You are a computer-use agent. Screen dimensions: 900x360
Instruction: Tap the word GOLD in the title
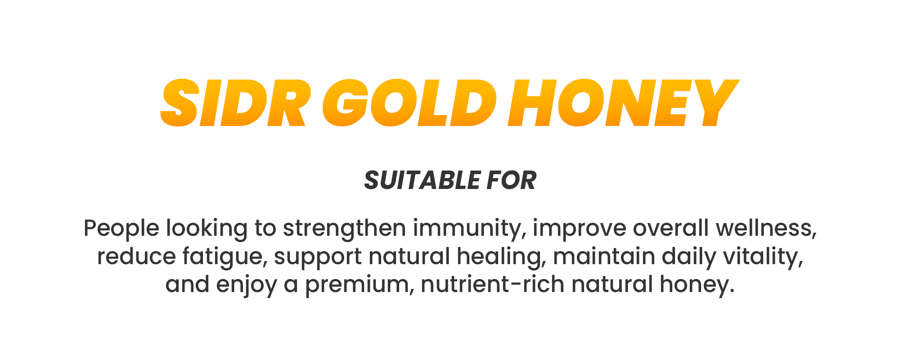409,103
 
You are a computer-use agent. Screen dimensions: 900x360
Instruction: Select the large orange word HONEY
624,103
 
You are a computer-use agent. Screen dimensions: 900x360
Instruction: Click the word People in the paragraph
121,229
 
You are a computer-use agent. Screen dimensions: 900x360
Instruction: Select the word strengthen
345,229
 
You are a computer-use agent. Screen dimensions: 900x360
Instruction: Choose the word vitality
763,257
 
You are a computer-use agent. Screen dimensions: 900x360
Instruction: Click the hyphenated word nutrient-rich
493,284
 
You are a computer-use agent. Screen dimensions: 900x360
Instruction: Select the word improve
580,229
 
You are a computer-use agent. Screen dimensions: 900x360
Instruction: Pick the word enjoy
247,285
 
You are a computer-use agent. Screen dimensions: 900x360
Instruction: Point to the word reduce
136,256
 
